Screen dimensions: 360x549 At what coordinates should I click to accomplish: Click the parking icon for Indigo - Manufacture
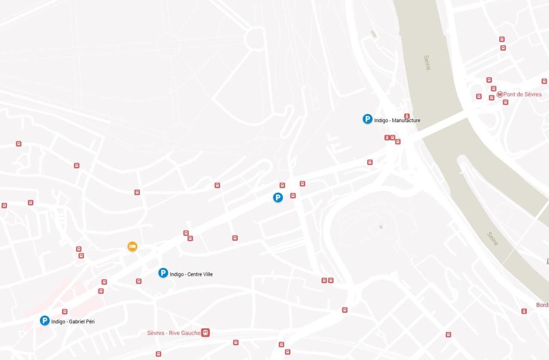click(x=368, y=119)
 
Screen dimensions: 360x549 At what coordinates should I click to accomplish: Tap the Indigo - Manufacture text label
click(x=397, y=121)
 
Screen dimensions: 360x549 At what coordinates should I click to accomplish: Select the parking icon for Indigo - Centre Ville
click(x=163, y=273)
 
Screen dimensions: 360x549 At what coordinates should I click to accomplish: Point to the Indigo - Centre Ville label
click(x=191, y=275)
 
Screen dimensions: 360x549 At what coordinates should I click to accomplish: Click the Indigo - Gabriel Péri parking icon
click(x=45, y=321)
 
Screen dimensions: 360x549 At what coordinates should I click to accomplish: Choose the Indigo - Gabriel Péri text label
click(x=73, y=322)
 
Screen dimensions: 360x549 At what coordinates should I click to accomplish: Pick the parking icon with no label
click(x=278, y=197)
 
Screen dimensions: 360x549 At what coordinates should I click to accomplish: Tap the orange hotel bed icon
click(x=133, y=246)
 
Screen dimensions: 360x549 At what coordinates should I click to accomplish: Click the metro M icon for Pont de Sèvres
click(x=500, y=94)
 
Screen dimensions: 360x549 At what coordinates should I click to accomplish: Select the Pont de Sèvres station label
click(x=522, y=94)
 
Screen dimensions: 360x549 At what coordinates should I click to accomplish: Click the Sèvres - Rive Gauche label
click(x=174, y=333)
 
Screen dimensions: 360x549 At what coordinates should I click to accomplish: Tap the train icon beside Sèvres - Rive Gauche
click(x=205, y=333)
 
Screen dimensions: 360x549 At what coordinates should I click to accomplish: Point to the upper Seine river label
click(x=427, y=63)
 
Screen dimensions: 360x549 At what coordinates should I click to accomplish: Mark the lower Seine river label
click(x=493, y=239)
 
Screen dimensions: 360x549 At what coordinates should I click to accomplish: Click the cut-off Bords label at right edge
click(x=542, y=305)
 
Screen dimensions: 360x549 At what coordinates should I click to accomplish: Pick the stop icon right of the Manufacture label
click(x=407, y=116)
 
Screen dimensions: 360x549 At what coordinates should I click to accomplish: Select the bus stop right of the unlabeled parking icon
click(x=293, y=196)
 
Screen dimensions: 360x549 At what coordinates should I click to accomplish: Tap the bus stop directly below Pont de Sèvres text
click(x=506, y=102)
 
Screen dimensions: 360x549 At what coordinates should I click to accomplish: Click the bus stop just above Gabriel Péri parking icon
click(x=65, y=312)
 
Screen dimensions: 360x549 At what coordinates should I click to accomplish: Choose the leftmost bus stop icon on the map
click(x=4, y=206)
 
